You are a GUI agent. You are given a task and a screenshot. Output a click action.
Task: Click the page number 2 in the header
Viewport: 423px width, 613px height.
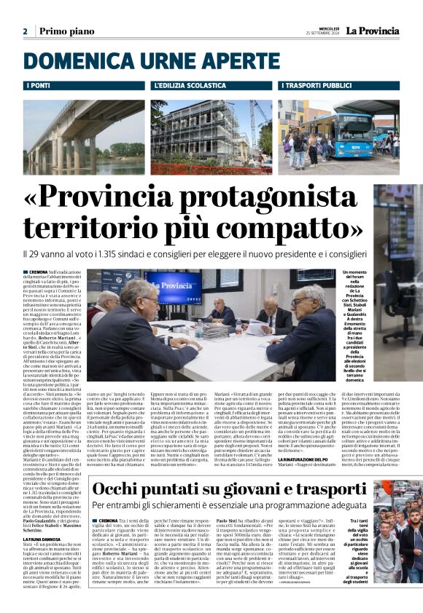coord(25,31)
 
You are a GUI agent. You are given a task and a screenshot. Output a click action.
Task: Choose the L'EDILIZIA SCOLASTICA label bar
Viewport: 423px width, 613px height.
coord(211,86)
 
